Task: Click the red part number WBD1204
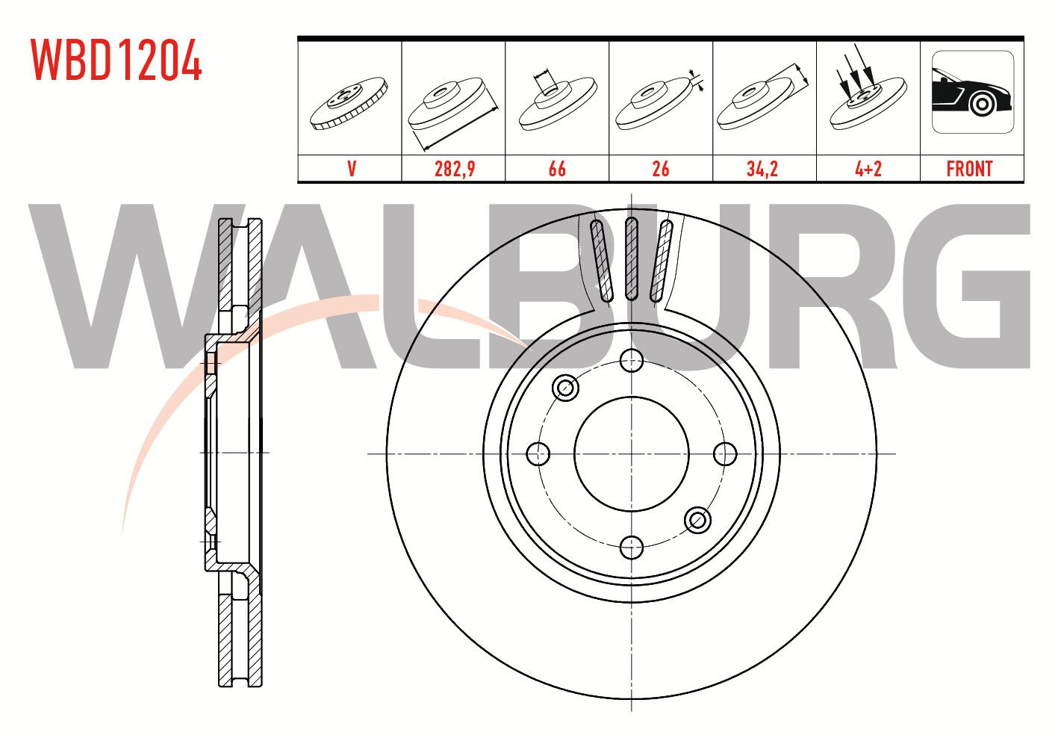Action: [x=116, y=60]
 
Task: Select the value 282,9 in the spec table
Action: [x=455, y=169]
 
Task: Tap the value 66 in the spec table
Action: [x=557, y=169]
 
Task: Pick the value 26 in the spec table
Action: [x=660, y=169]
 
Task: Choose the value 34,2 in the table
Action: [x=762, y=169]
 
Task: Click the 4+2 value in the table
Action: [x=868, y=169]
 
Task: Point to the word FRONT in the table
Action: [x=969, y=169]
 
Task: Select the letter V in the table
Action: [x=352, y=169]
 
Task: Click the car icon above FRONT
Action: [x=973, y=92]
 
